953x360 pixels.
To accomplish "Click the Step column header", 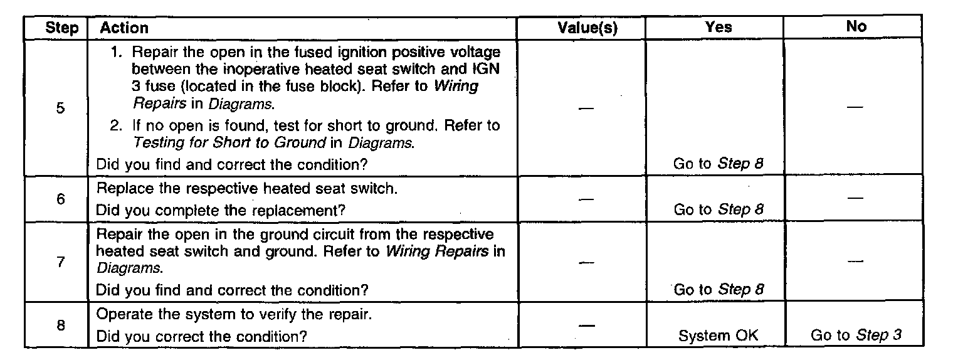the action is (62, 28).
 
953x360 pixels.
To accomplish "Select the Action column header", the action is (124, 28).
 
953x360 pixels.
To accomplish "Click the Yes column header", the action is (718, 27).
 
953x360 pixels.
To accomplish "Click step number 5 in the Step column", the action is (60, 108).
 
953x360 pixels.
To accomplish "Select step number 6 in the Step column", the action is (60, 199).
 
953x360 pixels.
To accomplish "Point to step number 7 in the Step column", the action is (60, 262).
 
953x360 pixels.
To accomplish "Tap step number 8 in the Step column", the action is (60, 326).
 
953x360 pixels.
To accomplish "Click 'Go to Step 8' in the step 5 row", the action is (719, 164).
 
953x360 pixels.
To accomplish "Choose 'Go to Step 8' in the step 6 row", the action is (719, 209).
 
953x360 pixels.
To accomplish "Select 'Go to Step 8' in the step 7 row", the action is (719, 290).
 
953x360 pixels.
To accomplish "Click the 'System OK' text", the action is (719, 336).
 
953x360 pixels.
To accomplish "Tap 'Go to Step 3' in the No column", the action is (856, 336).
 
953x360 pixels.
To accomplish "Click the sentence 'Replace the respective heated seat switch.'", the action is (246, 189).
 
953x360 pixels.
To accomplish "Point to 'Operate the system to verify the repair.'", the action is (234, 314).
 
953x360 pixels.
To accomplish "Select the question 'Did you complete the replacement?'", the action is (221, 210).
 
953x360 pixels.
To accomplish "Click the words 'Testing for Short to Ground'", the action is (229, 142).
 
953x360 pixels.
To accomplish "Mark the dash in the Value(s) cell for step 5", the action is (586, 109).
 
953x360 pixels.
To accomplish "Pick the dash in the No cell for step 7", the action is (856, 260).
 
